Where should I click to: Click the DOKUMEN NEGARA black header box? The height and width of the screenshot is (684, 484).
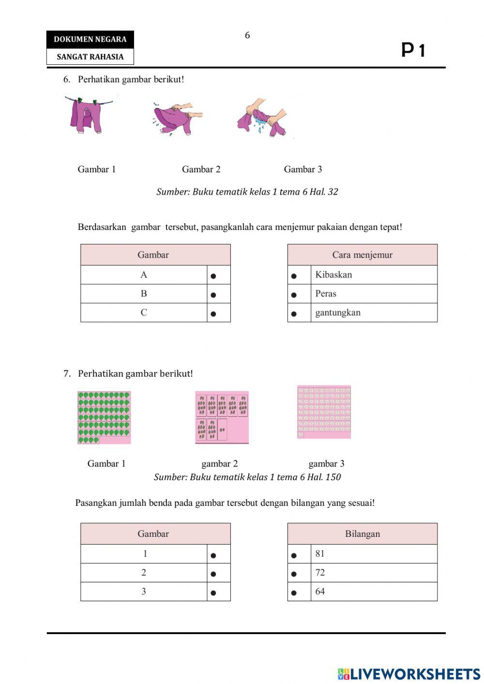(90, 39)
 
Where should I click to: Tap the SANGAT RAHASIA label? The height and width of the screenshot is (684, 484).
(90, 57)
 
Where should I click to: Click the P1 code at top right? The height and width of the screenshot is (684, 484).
(413, 50)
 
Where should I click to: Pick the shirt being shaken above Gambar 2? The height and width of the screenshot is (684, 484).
(178, 119)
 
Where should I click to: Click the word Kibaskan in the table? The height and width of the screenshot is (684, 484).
(333, 274)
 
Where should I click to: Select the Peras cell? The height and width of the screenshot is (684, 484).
(326, 293)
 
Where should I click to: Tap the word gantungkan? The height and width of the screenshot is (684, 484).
(338, 312)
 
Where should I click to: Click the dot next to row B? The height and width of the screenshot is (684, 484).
(213, 295)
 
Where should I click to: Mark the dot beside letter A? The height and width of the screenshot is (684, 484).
(213, 276)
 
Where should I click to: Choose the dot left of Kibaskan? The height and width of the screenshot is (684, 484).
(294, 276)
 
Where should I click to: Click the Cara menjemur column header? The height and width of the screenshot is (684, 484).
(362, 255)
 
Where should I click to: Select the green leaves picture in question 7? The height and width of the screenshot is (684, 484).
(104, 418)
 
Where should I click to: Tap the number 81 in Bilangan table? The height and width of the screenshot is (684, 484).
(320, 553)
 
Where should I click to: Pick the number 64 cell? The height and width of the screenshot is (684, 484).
(320, 591)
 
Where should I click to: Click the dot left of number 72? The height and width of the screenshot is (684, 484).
(294, 574)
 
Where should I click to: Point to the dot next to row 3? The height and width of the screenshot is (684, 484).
(213, 593)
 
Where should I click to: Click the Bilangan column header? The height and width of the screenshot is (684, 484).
(362, 533)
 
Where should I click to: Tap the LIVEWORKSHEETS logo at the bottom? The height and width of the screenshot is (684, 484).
(409, 673)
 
